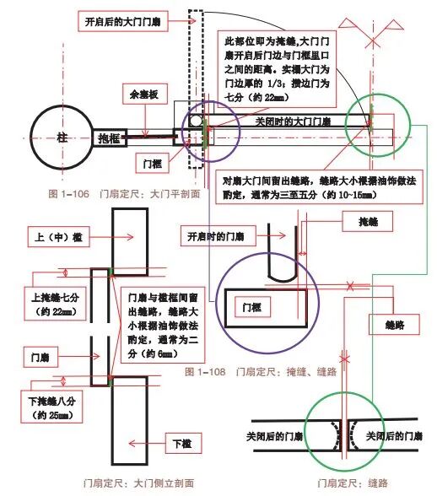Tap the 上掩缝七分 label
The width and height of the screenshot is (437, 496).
[54, 302]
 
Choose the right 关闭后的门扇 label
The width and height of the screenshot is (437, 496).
[395, 436]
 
